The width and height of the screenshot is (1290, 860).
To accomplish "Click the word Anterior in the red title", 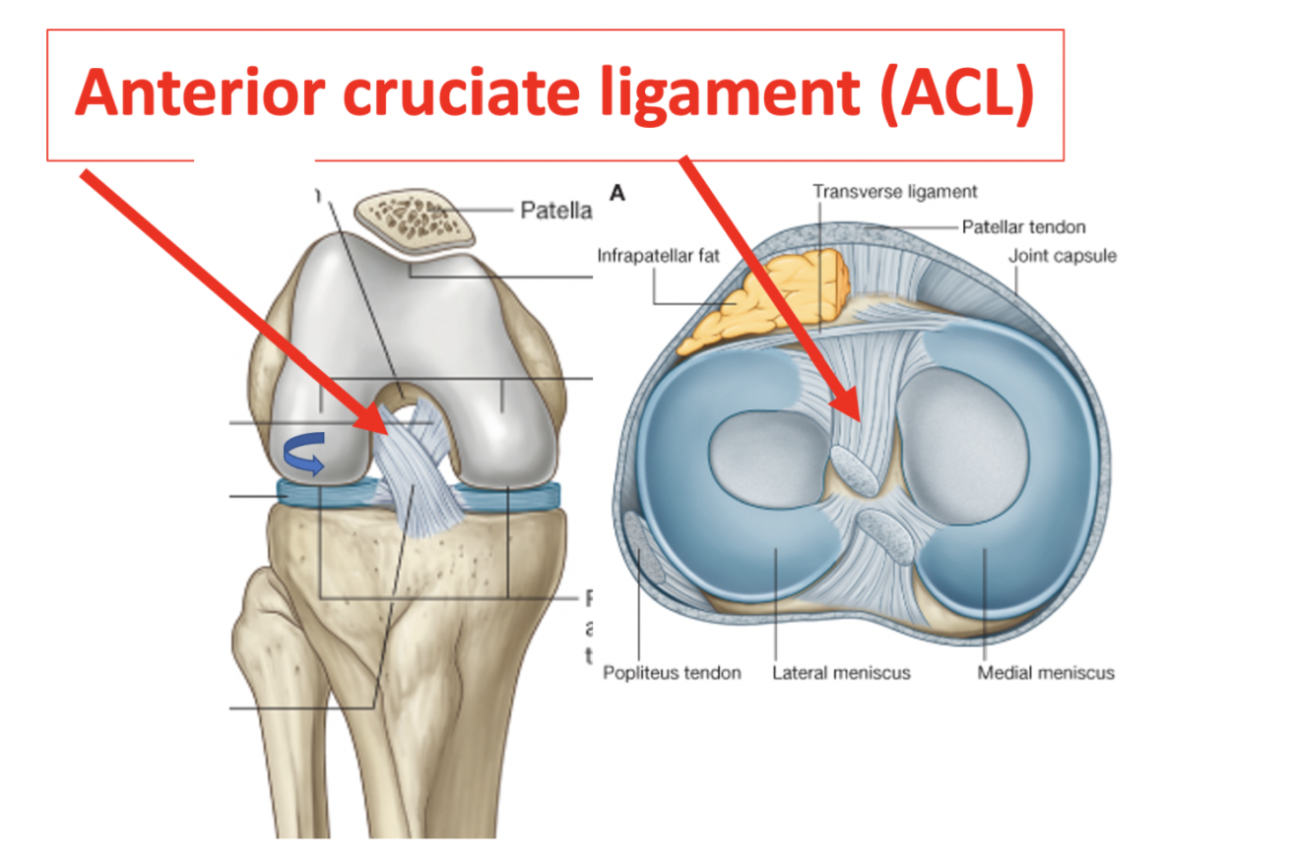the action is tap(186, 96).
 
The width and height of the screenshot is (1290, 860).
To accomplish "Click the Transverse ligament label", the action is tap(895, 192).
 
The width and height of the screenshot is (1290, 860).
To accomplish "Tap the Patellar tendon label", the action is tap(1023, 227).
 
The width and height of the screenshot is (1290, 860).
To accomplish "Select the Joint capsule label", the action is tap(1063, 257).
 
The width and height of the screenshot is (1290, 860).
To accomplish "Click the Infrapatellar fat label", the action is tap(657, 257).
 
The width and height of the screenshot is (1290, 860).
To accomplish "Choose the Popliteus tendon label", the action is tap(672, 673).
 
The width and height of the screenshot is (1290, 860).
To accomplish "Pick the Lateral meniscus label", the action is tap(841, 673).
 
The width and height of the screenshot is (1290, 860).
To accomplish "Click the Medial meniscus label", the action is tap(1046, 673).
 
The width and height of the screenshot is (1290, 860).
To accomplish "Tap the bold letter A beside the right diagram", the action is tap(617, 194).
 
